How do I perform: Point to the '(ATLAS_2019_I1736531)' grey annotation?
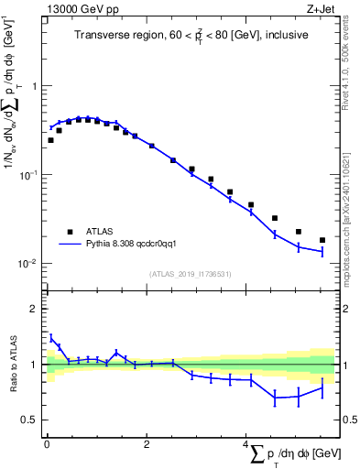click(x=191, y=274)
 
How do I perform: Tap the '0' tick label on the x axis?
click(x=46, y=443)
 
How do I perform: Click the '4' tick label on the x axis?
click(x=245, y=443)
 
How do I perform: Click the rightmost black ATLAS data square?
click(x=322, y=240)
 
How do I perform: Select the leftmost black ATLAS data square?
click(x=50, y=140)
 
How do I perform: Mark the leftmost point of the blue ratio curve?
click(x=50, y=336)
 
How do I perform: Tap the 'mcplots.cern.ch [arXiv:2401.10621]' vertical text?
click(x=352, y=202)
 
